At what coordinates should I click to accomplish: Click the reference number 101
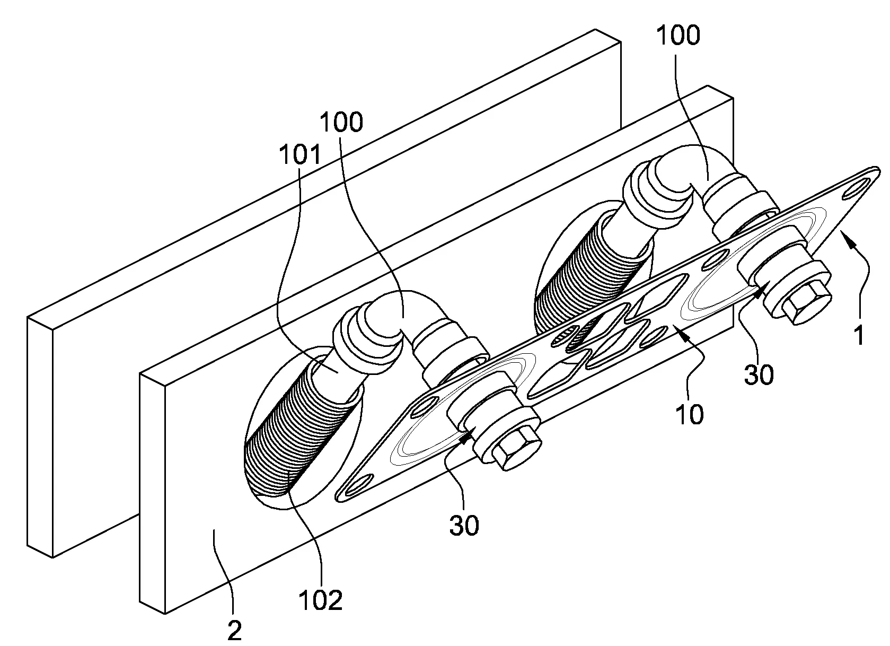click(x=300, y=155)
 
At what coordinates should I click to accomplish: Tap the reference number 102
click(x=320, y=600)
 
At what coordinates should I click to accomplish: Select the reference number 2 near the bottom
click(x=234, y=631)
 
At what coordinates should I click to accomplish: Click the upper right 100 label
click(x=678, y=36)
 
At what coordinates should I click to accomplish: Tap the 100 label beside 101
click(x=341, y=123)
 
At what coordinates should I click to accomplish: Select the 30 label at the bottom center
click(x=464, y=525)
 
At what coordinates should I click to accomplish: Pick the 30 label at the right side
click(x=759, y=375)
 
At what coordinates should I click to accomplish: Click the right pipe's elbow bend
click(x=705, y=170)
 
